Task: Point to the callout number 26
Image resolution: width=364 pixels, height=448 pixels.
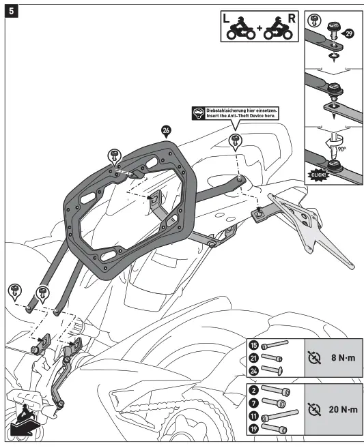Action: (x=166, y=130)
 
